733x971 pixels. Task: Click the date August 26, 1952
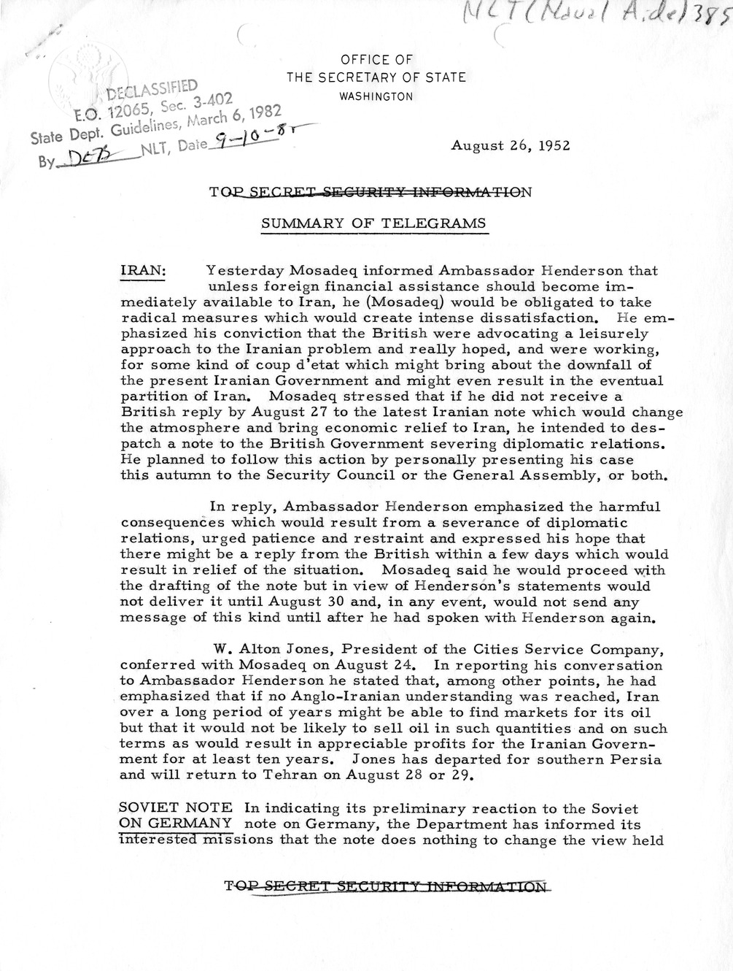tap(510, 145)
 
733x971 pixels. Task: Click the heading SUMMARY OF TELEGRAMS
tap(374, 223)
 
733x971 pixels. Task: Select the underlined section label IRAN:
tap(143, 270)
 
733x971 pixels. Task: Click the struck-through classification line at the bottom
tap(387, 888)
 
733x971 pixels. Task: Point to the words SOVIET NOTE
tap(175, 809)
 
